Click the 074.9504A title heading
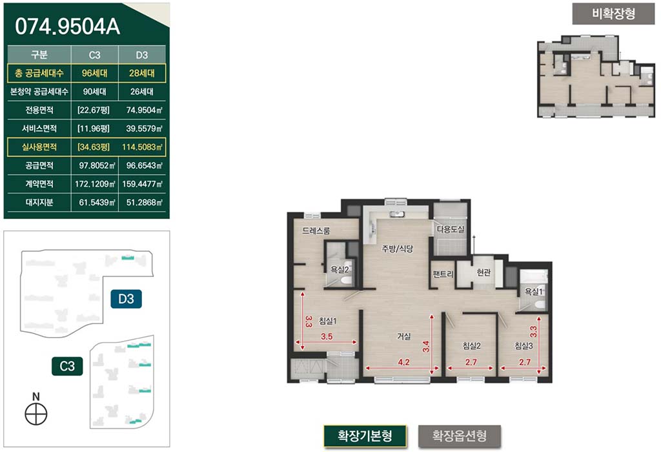67,26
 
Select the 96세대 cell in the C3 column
94,73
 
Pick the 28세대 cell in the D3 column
141,73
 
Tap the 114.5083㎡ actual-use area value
142,147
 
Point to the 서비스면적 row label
39,128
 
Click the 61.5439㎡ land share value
97,202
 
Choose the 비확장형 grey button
613,14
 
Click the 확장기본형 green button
365,436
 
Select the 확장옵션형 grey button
460,436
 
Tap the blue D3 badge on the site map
126,299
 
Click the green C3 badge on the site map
67,366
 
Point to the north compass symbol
36,414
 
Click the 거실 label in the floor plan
404,336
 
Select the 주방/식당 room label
398,249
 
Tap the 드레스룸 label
316,231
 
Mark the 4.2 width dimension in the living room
404,362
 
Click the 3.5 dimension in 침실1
327,336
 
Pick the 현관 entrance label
483,272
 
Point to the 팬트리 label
443,274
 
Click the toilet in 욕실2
347,280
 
